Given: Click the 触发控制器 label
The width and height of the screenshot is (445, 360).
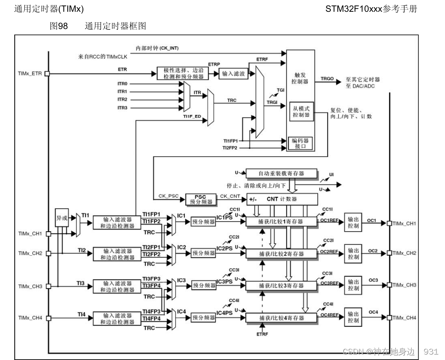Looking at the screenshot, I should pyautogui.click(x=300, y=78).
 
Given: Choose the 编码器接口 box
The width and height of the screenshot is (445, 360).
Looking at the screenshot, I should pyautogui.click(x=301, y=143).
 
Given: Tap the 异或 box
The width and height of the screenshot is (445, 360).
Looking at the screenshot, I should pyautogui.click(x=62, y=218).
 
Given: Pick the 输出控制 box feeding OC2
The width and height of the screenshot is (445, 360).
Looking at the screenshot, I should pyautogui.click(x=354, y=253).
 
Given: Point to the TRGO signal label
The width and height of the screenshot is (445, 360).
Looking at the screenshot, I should pyautogui.click(x=327, y=78).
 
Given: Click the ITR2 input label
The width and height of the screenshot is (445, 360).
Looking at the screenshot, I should pyautogui.click(x=122, y=100).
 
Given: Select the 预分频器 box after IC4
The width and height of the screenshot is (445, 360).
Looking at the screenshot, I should pyautogui.click(x=203, y=318).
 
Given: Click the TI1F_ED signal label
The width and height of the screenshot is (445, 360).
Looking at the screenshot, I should pyautogui.click(x=192, y=116).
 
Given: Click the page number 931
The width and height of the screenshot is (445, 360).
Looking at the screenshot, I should pyautogui.click(x=431, y=351).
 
